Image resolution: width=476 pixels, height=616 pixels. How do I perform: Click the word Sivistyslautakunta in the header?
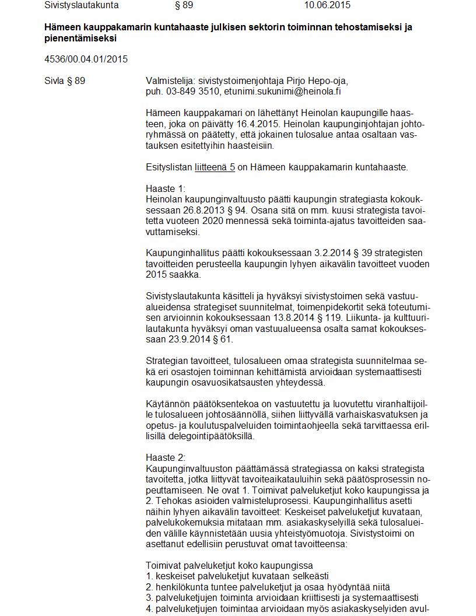(82, 5)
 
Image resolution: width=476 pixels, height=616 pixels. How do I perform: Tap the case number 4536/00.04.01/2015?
(86, 59)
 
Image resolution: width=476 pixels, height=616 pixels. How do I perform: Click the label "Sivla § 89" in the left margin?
(65, 80)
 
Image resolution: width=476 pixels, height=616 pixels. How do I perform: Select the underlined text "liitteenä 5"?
(215, 167)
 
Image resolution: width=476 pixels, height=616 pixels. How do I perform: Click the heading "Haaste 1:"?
(165, 188)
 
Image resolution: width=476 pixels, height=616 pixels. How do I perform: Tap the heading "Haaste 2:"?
(166, 458)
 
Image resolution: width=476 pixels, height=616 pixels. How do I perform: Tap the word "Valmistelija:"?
(170, 80)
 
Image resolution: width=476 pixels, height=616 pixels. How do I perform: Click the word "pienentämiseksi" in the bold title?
(80, 38)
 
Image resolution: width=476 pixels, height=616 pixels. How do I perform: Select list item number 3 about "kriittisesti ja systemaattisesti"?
(282, 598)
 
